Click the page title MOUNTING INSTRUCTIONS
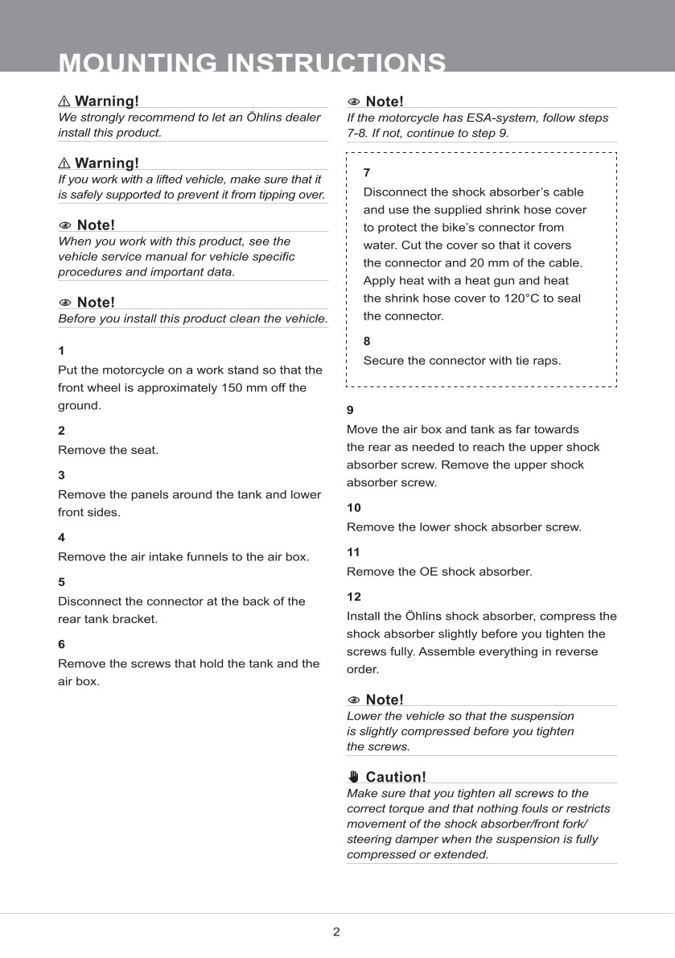coord(253,63)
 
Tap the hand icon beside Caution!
coord(354,777)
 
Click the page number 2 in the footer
coord(336,932)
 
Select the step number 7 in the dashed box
coord(367,172)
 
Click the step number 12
coord(354,597)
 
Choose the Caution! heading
coord(395,777)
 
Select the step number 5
coord(61,581)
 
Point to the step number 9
coord(350,410)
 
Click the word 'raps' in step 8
coord(546,361)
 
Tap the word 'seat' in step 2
coord(143,450)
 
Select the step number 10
coord(354,508)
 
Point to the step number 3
coord(61,475)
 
